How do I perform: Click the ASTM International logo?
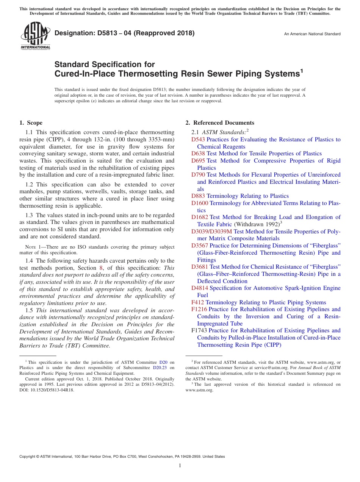coord(35,35)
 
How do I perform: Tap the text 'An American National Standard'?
coord(312,34)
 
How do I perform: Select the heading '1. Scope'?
coord(31,123)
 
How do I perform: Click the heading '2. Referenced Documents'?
coord(220,123)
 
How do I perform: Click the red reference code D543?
coord(198,139)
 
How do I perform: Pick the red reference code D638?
coord(198,153)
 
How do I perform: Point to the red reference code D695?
coord(198,161)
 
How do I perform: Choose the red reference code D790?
coord(198,175)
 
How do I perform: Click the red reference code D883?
coord(198,196)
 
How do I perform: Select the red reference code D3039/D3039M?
coord(211,231)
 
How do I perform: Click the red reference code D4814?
coord(200,288)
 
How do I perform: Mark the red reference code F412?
coord(197,302)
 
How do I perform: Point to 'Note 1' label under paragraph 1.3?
coord(31,247)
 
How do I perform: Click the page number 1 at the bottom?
coord(180,465)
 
